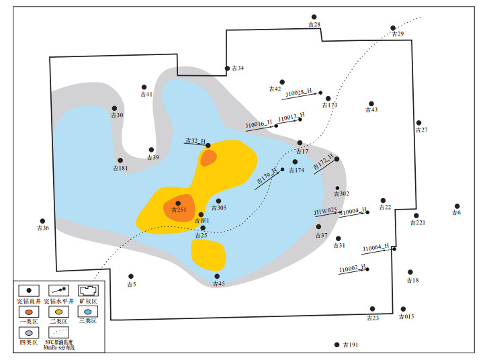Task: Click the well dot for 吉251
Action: pyautogui.click(x=178, y=203)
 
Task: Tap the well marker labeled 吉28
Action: pyautogui.click(x=314, y=17)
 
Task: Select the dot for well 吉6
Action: pyautogui.click(x=457, y=206)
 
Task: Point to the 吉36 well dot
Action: pyautogui.click(x=42, y=221)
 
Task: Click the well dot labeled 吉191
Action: pyautogui.click(x=337, y=345)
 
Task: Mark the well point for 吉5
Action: pyautogui.click(x=131, y=276)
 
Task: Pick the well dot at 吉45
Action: pyautogui.click(x=217, y=276)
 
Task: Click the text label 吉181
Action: pyautogui.click(x=121, y=169)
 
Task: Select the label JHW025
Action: pyautogui.click(x=325, y=212)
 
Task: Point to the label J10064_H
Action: pyautogui.click(x=375, y=248)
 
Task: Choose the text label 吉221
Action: pyautogui.click(x=417, y=223)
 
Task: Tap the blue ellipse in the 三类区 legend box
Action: pyautogui.click(x=88, y=312)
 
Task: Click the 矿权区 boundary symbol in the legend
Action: pyautogui.click(x=88, y=291)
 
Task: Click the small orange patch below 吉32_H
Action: pyautogui.click(x=209, y=158)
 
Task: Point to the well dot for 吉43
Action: pyautogui.click(x=371, y=103)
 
